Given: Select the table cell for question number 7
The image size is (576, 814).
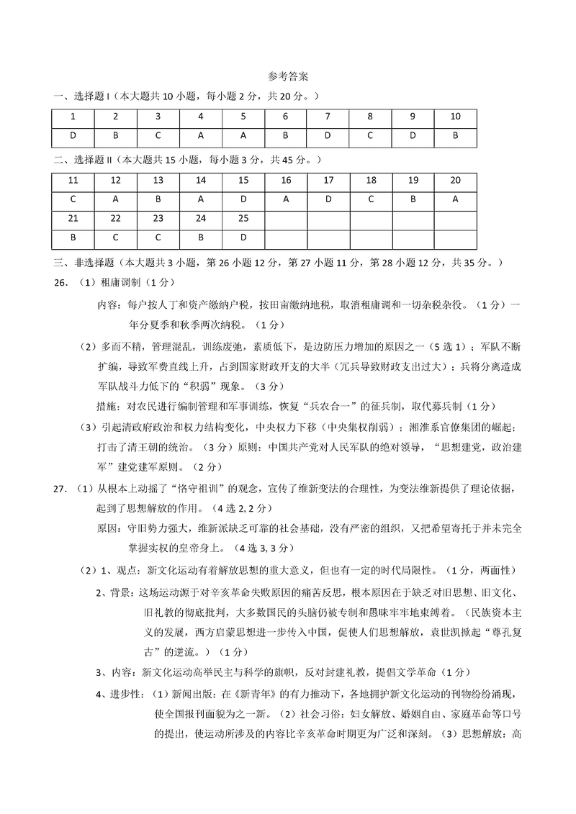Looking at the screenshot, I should tap(328, 117).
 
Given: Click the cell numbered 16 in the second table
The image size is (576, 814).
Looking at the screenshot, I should tap(285, 181).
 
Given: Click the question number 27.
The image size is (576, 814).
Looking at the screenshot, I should tap(60, 490).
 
